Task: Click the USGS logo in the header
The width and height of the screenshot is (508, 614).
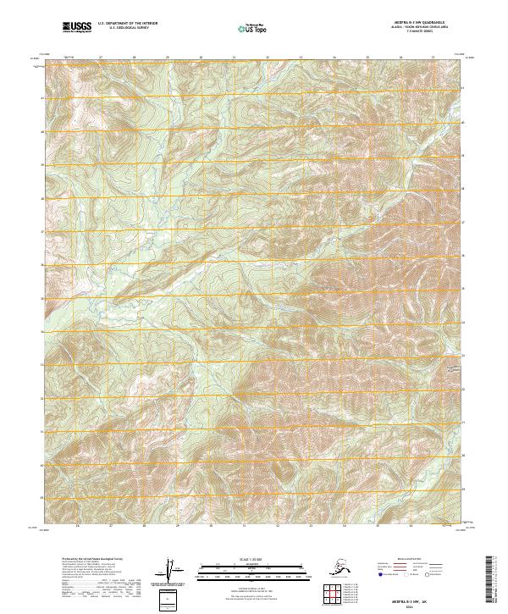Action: [76, 28]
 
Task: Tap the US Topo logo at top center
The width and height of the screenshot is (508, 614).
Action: [256, 29]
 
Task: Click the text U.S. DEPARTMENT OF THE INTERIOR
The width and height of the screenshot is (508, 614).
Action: [123, 25]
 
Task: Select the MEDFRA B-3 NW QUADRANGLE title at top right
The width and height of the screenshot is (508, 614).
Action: [412, 21]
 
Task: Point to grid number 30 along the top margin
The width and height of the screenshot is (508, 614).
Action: [201, 58]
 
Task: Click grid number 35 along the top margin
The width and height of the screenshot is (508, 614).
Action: [367, 58]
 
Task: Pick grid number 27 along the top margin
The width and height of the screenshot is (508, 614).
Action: [100, 58]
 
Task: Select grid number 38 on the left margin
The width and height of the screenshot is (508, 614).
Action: [42, 199]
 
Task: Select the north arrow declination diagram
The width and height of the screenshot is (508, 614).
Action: [170, 573]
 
